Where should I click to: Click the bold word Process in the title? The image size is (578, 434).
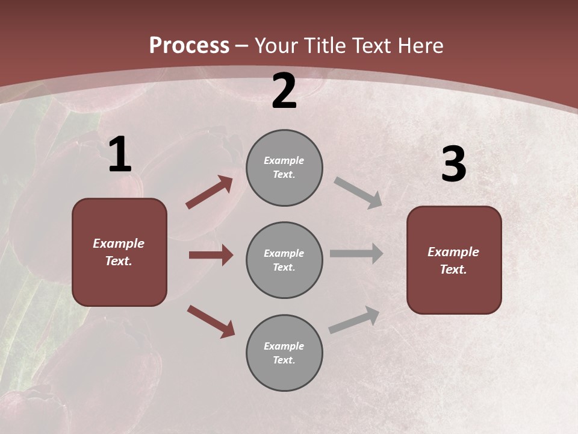pyautogui.click(x=189, y=46)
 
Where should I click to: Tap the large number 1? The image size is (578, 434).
pyautogui.click(x=120, y=155)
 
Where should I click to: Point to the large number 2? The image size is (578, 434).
pyautogui.click(x=284, y=91)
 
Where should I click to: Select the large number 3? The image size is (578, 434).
pyautogui.click(x=453, y=165)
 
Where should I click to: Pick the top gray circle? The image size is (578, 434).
pyautogui.click(x=284, y=168)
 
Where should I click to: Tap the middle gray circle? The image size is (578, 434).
pyautogui.click(x=284, y=260)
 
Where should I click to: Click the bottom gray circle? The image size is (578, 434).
pyautogui.click(x=284, y=353)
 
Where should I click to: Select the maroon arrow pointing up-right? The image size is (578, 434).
pyautogui.click(x=210, y=192)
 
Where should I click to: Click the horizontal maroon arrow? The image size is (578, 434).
pyautogui.click(x=211, y=255)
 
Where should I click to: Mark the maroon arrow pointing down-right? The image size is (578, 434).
pyautogui.click(x=211, y=321)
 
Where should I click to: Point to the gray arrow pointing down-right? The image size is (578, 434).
pyautogui.click(x=358, y=193)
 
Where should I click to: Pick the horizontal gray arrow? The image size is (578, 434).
pyautogui.click(x=356, y=254)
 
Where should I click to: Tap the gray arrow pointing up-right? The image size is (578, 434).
pyautogui.click(x=354, y=320)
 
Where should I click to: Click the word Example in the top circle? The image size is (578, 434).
pyautogui.click(x=284, y=160)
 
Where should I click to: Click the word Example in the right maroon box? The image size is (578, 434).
pyautogui.click(x=453, y=252)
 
